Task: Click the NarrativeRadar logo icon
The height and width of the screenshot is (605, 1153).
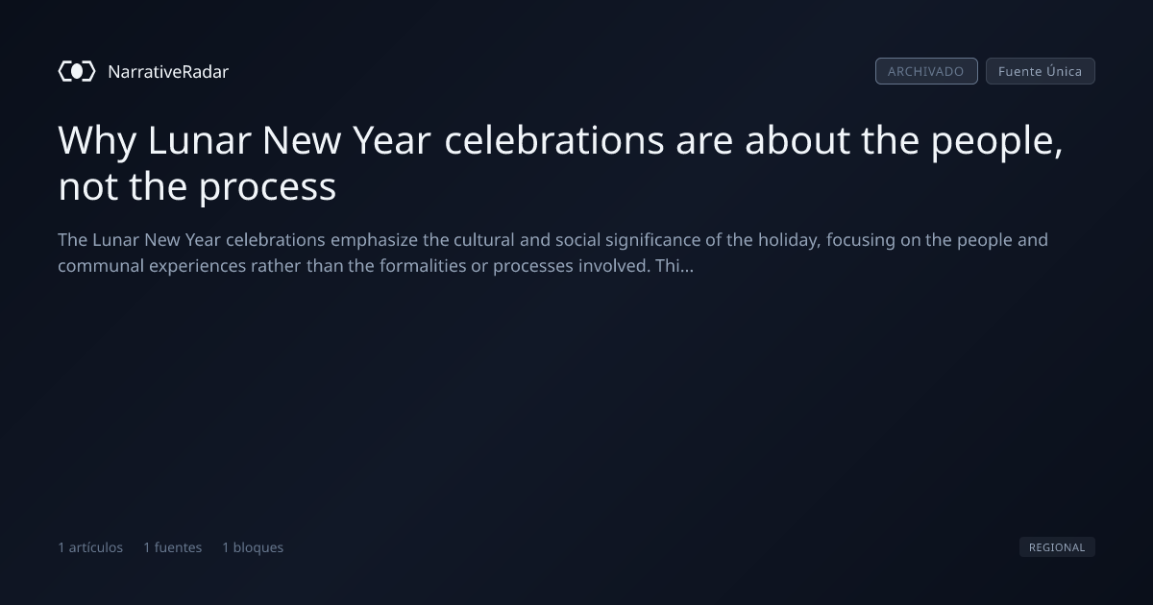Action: tap(77, 71)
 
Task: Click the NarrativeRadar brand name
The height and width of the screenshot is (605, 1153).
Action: tap(168, 72)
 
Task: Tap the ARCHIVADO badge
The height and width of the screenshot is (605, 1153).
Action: tap(926, 71)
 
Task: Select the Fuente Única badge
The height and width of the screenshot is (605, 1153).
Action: tap(1041, 71)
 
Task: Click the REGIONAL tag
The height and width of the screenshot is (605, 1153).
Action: tap(1057, 546)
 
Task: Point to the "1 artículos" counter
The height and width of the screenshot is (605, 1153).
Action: tap(90, 547)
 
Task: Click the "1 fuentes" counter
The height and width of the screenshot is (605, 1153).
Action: tap(172, 547)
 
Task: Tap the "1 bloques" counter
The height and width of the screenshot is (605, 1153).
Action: tap(253, 547)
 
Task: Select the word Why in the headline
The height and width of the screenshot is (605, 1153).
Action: tap(97, 141)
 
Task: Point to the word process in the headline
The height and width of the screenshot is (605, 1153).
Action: tap(268, 188)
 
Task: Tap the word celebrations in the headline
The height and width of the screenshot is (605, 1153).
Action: tap(553, 140)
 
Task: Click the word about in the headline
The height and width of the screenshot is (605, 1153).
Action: tap(797, 140)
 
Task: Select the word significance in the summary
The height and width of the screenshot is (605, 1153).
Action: tap(652, 241)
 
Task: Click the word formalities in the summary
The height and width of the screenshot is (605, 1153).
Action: tap(423, 266)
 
